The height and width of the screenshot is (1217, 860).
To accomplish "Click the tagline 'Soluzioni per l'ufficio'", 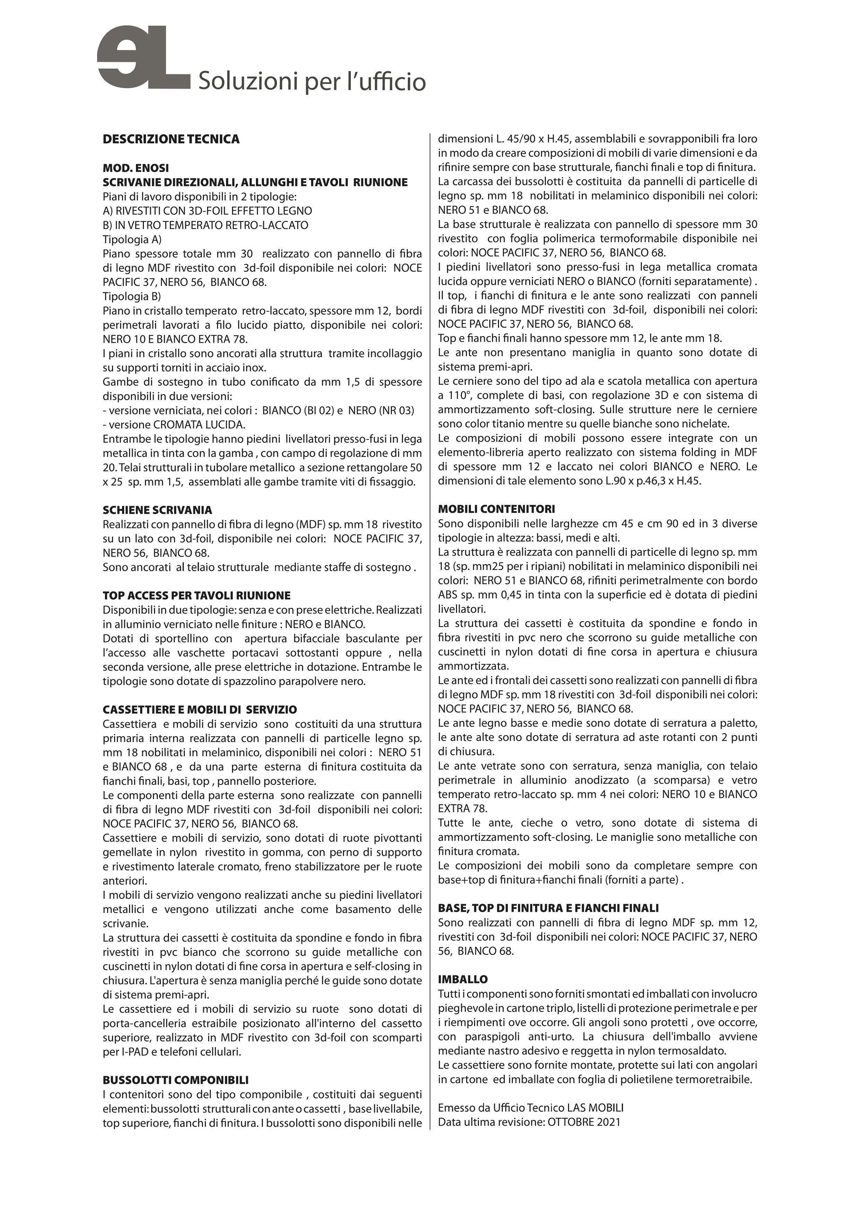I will tap(311, 82).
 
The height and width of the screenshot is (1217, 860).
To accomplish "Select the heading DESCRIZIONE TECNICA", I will tap(171, 139).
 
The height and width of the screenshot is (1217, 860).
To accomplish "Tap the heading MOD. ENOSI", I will tap(136, 168).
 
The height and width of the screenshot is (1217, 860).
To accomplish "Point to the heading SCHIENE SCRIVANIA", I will tap(157, 510).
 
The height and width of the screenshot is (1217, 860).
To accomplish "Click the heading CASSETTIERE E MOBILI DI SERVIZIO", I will tap(200, 709).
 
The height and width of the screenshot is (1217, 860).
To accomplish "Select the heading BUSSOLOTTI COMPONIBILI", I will tap(175, 1080).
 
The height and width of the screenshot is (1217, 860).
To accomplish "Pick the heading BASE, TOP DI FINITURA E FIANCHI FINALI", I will tap(548, 908).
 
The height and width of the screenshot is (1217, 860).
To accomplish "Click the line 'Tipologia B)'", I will tap(132, 296).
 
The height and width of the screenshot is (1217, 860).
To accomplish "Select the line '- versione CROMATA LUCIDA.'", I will tap(174, 425).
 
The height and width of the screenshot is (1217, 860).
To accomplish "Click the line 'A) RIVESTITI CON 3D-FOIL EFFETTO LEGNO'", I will tap(207, 211).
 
